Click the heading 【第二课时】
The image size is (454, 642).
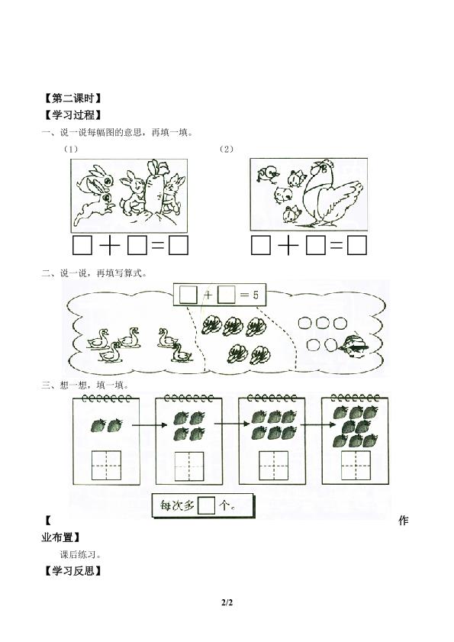coord(72,98)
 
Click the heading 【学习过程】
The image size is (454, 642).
coord(72,115)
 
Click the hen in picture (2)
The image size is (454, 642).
coord(332,193)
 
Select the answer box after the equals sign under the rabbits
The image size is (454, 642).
coord(178,245)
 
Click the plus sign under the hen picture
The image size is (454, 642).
coord(288,245)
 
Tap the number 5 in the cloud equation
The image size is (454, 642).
coord(256,295)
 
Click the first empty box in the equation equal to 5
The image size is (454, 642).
coord(188,295)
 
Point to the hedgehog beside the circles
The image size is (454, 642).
coord(353,347)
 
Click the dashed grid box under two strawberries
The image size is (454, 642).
coord(106,466)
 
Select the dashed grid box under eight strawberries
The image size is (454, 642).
coord(356,466)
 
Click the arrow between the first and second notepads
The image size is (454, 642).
coord(150,425)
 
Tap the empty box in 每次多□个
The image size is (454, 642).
coord(206,505)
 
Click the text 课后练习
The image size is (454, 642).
coord(81,555)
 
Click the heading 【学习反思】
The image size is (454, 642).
coord(72,570)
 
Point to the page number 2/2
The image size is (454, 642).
coord(227,603)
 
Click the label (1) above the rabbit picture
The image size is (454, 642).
coord(70,149)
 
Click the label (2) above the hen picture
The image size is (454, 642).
coord(227,149)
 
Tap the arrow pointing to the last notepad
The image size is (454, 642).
coord(318,424)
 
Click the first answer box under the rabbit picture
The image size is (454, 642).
coord(82,245)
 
